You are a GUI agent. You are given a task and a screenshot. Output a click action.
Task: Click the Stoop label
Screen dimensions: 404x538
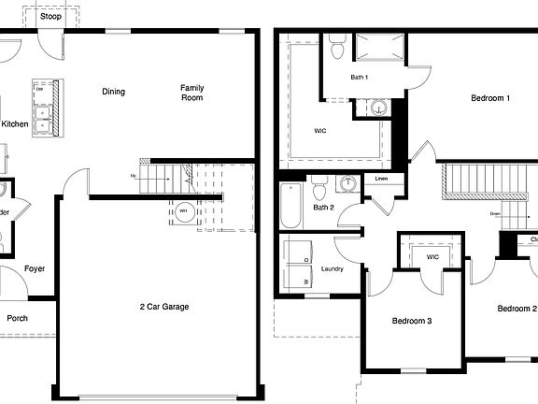(51, 16)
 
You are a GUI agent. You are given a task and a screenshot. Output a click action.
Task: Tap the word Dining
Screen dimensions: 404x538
(114, 92)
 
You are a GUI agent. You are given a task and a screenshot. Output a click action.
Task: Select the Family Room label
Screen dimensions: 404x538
(192, 93)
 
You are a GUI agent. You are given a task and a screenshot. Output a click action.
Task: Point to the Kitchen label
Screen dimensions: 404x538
(15, 124)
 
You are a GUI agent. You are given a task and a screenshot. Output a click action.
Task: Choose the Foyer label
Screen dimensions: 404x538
(35, 269)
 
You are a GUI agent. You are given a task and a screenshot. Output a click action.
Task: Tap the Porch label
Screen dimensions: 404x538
(17, 318)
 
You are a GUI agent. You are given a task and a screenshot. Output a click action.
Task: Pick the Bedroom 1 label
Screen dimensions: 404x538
(490, 97)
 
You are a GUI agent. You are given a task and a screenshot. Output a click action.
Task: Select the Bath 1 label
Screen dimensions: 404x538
(360, 77)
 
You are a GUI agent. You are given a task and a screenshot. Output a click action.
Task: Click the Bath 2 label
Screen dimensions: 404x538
(324, 208)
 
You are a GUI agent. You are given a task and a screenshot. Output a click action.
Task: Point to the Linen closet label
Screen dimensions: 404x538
(381, 178)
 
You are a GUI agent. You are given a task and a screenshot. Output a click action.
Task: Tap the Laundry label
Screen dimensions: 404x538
(333, 269)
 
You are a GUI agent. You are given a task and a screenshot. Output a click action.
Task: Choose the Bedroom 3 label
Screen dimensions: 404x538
(412, 321)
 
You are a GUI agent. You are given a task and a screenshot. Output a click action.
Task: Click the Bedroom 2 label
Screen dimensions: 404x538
(517, 309)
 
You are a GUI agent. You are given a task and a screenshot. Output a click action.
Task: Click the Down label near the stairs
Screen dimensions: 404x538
(496, 213)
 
